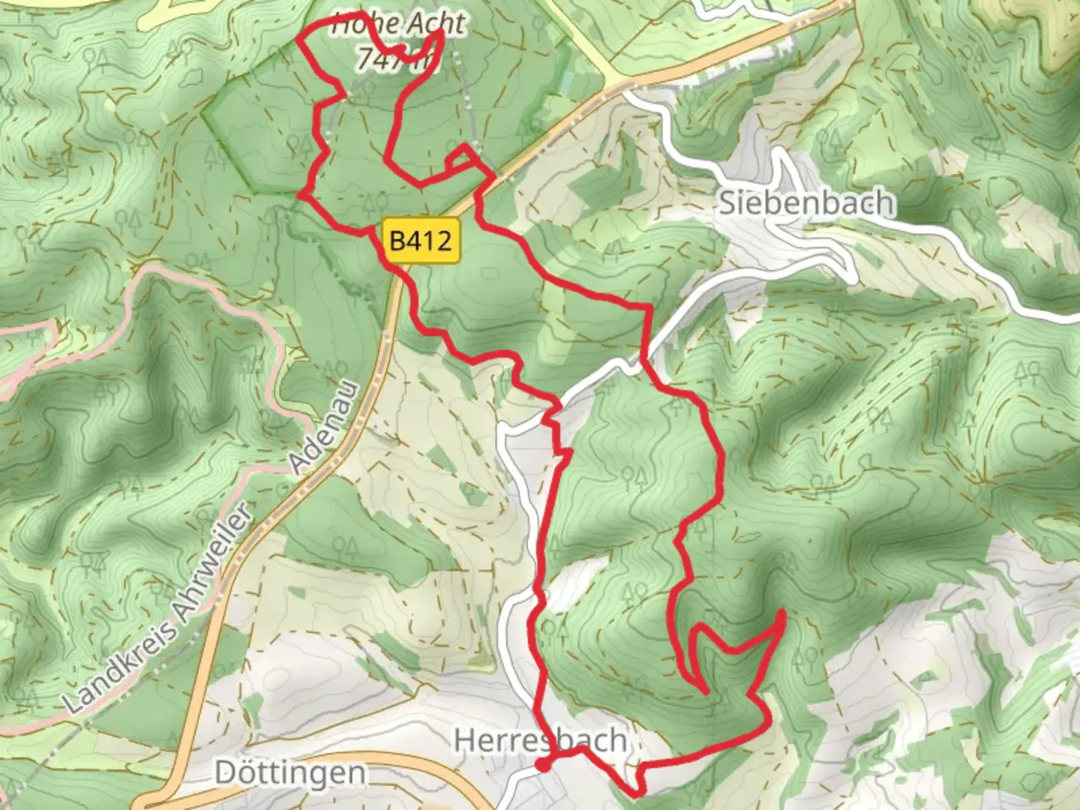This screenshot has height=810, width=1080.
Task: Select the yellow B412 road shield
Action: (x=421, y=241)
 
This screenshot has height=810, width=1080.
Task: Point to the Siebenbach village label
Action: (x=807, y=203)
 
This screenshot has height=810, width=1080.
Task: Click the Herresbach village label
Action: (x=541, y=741)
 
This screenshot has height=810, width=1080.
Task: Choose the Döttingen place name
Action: (x=290, y=772)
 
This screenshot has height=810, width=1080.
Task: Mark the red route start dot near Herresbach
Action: (x=541, y=765)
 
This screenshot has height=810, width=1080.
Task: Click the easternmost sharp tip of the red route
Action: (x=784, y=613)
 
